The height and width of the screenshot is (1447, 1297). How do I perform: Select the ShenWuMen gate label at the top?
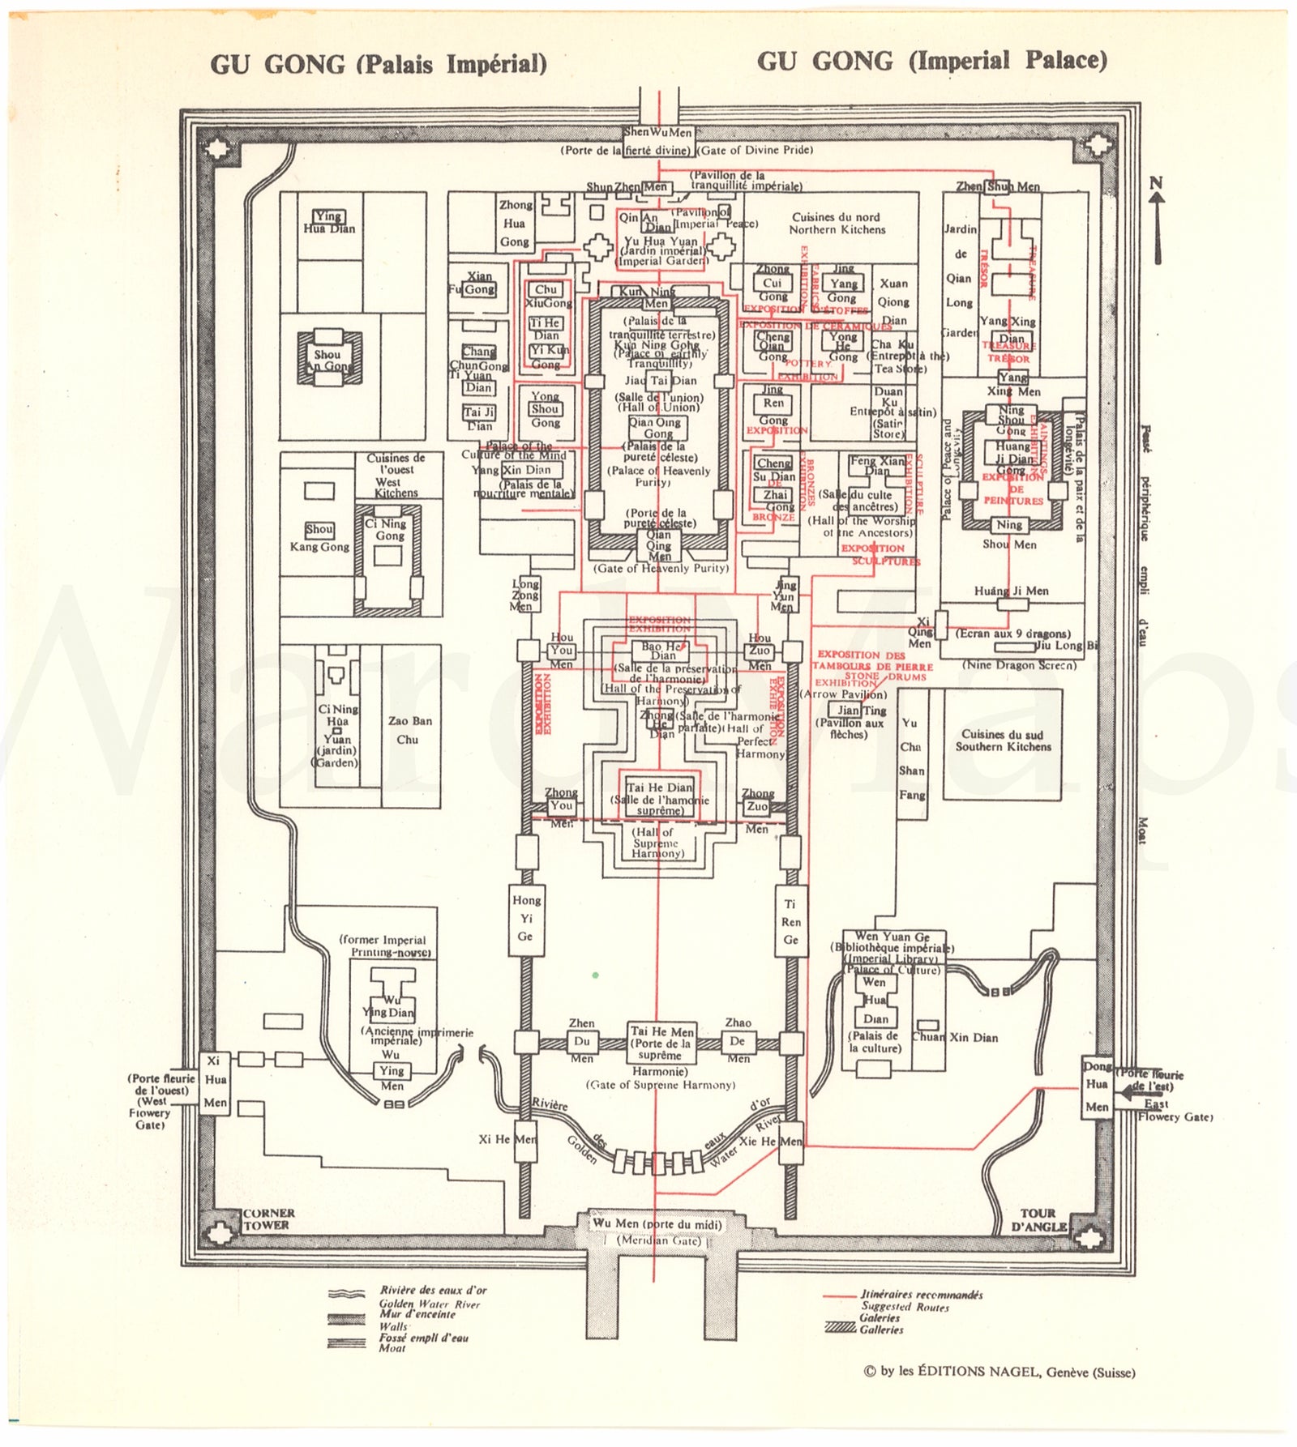coord(658,132)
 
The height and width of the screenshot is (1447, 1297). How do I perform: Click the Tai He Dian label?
coord(660,788)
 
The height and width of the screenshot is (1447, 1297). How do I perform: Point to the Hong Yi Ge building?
coord(526,918)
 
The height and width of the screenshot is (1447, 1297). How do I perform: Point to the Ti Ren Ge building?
coord(790,921)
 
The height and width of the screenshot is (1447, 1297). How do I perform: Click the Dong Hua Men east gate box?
coord(1097,1086)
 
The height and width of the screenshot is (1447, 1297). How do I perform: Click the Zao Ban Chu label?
coord(409,730)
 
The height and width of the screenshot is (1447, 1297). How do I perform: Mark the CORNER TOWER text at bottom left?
coord(268,1219)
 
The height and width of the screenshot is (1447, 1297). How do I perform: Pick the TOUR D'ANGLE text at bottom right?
coord(1038,1219)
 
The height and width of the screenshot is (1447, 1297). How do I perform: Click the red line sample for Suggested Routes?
coord(840,1295)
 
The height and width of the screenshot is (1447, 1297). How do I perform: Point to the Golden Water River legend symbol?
coord(346,1294)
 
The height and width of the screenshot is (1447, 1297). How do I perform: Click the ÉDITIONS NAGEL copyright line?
coord(999,1372)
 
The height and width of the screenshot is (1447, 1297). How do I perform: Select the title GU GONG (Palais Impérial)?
coord(379,64)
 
